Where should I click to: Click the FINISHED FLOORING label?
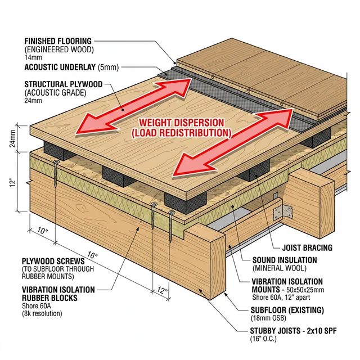pyautogui.click(x=57, y=41)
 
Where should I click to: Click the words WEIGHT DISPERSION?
pyautogui.click(x=182, y=123)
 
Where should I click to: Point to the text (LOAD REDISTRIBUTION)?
pyautogui.click(x=181, y=133)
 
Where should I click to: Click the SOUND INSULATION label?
pyautogui.click(x=284, y=260)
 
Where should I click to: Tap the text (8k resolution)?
pyautogui.click(x=42, y=313)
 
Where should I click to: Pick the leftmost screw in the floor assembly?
pyautogui.click(x=56, y=174)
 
